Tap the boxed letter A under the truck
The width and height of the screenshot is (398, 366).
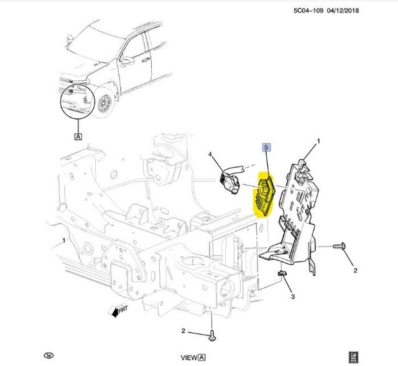click(x=78, y=136)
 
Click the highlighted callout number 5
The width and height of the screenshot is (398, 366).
click(x=266, y=148)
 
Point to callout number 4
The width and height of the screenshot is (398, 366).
click(x=210, y=154)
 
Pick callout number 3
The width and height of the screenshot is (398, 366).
click(x=292, y=297)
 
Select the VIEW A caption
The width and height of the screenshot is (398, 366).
click(x=193, y=358)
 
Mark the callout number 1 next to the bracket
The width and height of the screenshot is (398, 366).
click(x=318, y=142)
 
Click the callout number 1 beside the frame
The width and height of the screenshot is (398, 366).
click(x=63, y=240)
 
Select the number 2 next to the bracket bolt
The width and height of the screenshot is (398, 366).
click(x=355, y=270)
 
